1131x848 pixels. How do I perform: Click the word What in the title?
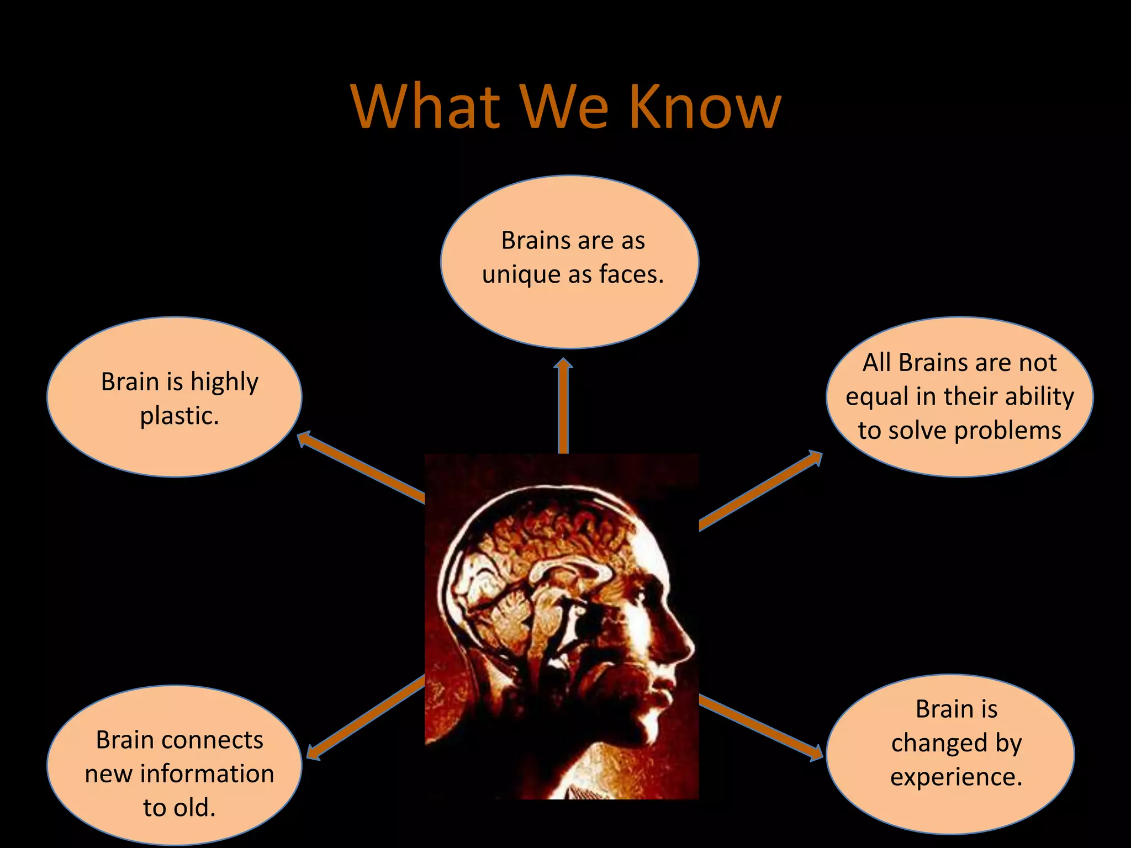pos(425,107)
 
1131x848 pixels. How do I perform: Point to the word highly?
pos(224,382)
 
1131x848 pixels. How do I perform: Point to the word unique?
pos(521,274)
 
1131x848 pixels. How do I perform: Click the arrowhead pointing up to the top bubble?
pos(563,365)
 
